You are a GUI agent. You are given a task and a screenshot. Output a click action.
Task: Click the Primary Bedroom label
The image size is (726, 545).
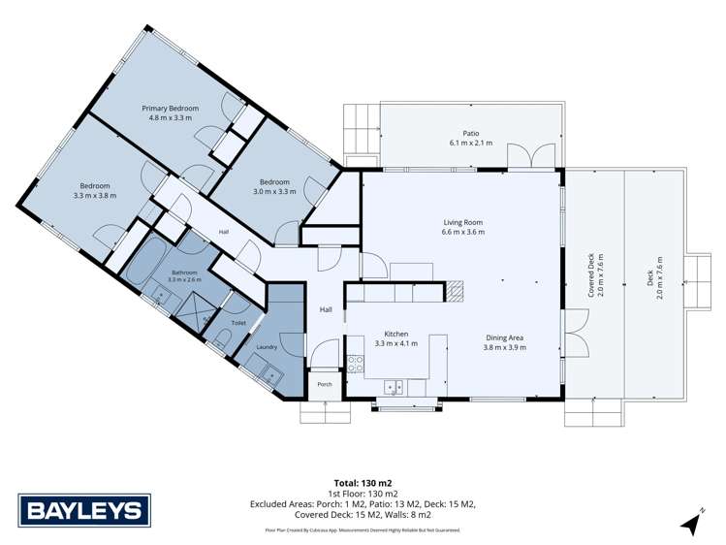[170, 109]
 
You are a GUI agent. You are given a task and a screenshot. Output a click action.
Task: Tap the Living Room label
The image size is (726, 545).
[463, 222]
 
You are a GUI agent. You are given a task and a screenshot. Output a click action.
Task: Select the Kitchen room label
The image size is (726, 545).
[396, 334]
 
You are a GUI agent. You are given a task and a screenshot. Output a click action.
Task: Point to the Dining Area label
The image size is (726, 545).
[504, 338]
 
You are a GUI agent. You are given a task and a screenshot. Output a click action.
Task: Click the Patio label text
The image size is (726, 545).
[471, 134]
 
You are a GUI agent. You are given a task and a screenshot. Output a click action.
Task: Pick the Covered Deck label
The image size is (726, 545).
[591, 275]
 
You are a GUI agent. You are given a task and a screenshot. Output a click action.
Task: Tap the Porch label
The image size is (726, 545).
[325, 384]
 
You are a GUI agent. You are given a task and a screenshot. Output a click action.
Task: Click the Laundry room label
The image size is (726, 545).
[267, 347]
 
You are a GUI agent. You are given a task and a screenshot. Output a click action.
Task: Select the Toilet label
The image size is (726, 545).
[238, 323]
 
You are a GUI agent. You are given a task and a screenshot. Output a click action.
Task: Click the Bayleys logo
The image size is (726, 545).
[84, 510]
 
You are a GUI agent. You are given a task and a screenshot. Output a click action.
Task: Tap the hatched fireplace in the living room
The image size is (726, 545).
[454, 291]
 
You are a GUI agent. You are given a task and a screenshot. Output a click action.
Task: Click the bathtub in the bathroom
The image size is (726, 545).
[145, 263]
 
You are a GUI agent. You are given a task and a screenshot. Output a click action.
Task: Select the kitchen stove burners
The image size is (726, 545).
[355, 363]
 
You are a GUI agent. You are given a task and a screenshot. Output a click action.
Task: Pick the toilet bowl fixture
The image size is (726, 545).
[220, 339]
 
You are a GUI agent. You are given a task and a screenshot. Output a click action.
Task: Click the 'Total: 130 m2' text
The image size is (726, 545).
[363, 483]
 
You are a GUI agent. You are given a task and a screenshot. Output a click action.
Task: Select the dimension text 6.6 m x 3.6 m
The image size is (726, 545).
[463, 232]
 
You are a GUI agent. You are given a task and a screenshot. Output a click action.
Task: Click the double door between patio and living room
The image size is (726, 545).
[531, 156]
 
